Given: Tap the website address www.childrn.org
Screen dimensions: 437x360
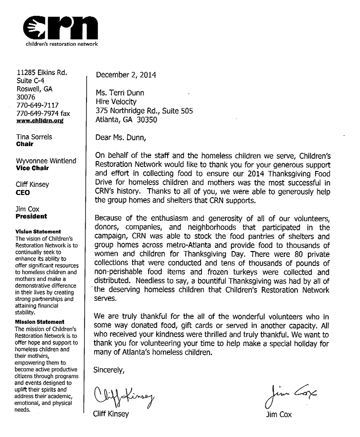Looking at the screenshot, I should click(x=40, y=121).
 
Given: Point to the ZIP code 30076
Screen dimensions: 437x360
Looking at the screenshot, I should click(x=25, y=97).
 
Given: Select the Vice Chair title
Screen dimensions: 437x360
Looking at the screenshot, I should click(x=32, y=168).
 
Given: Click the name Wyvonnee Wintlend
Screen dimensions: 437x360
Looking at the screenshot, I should click(x=46, y=161).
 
